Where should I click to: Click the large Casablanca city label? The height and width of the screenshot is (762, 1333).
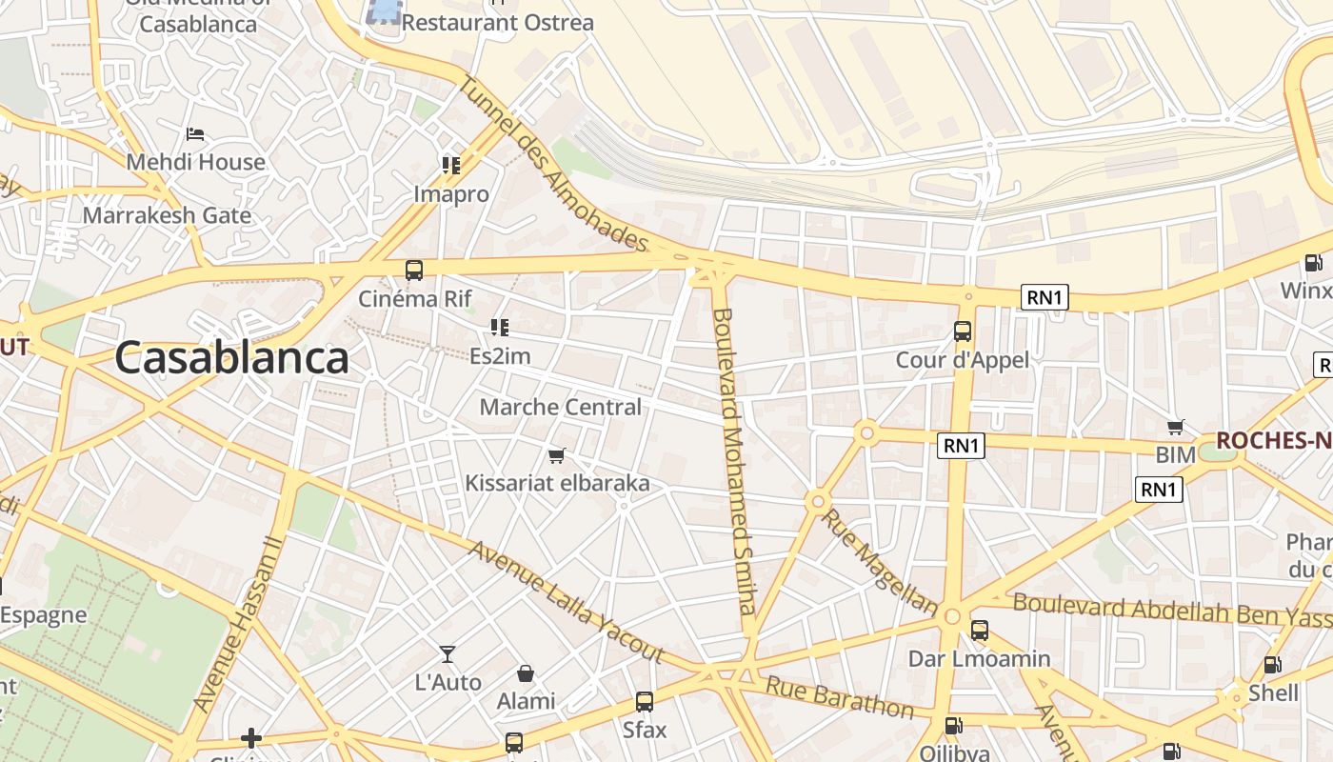tap(231, 358)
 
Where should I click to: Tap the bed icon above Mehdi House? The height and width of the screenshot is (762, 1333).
tap(195, 134)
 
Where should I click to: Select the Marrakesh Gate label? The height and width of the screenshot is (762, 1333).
tap(167, 215)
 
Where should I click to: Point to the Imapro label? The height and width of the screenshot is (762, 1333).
tap(451, 194)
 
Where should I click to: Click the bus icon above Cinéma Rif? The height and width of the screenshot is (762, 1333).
tap(414, 270)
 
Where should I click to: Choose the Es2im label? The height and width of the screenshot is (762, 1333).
tap(500, 357)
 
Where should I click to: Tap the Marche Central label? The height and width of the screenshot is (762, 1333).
tap(560, 408)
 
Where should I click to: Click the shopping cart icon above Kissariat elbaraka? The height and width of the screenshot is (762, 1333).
tap(557, 455)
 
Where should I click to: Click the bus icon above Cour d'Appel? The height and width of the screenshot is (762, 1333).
tap(963, 331)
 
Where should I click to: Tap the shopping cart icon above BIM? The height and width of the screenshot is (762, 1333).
tap(1176, 427)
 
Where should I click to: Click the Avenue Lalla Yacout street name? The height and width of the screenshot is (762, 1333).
tap(565, 602)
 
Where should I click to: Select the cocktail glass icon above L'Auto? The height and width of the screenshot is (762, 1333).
tap(448, 653)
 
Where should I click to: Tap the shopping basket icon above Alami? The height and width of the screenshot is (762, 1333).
tap(526, 673)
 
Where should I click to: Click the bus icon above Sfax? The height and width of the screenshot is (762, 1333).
tap(645, 702)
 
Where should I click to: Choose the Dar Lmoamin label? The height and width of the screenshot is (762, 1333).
tap(979, 659)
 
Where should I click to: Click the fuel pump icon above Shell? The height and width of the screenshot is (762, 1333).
tap(1272, 665)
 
